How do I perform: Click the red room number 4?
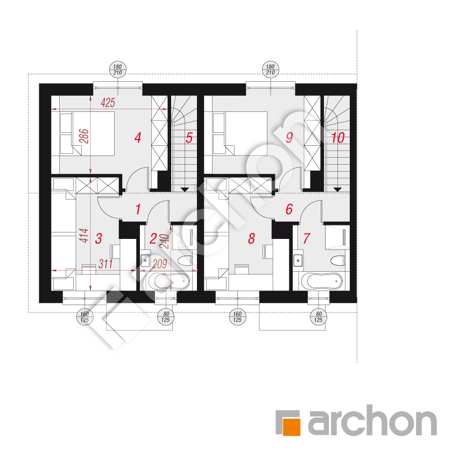click(x=138, y=138)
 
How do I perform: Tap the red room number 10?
click(x=338, y=138)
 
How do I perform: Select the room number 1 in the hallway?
click(x=138, y=209)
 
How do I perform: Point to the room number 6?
click(x=289, y=209)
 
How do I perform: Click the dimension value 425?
click(x=108, y=103)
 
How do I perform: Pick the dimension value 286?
click(x=84, y=136)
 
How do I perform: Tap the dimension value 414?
click(x=84, y=236)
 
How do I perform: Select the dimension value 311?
click(x=105, y=264)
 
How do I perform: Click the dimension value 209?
click(x=159, y=264)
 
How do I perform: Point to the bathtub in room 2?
click(x=169, y=281)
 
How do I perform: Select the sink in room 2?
click(x=145, y=260)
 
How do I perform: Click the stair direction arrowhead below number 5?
click(x=185, y=190)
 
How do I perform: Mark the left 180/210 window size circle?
click(x=118, y=69)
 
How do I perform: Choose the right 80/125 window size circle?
click(x=319, y=317)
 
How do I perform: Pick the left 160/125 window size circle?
click(x=84, y=317)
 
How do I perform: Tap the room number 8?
click(x=251, y=238)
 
